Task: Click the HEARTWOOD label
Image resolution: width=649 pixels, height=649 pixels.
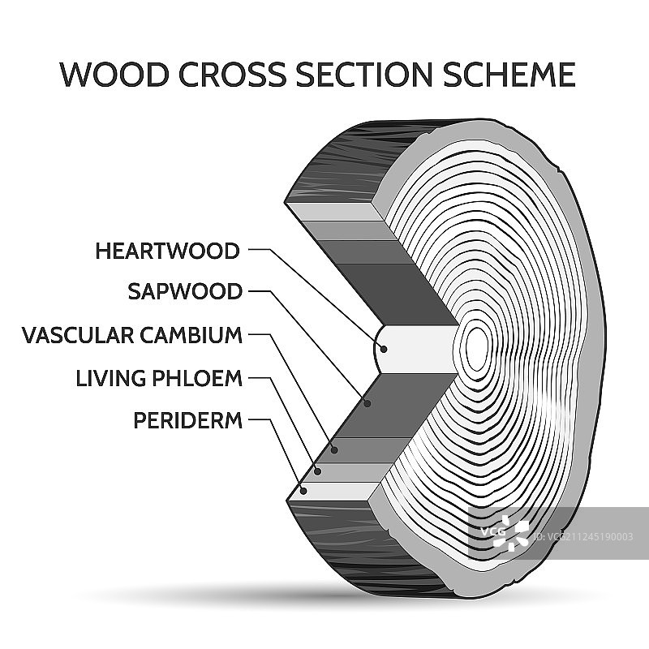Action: point(167,251)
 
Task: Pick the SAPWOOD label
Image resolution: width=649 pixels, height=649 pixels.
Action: point(185,292)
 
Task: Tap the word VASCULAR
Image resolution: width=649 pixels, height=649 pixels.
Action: point(80,335)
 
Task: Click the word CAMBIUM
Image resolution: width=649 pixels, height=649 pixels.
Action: point(194,335)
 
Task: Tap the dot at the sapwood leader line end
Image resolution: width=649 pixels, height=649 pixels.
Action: point(367,402)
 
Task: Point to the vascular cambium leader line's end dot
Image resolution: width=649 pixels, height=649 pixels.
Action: point(334,449)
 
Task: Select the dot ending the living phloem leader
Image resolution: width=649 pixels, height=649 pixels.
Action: point(318,471)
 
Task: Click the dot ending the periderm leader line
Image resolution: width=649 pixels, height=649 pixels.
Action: point(303,490)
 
